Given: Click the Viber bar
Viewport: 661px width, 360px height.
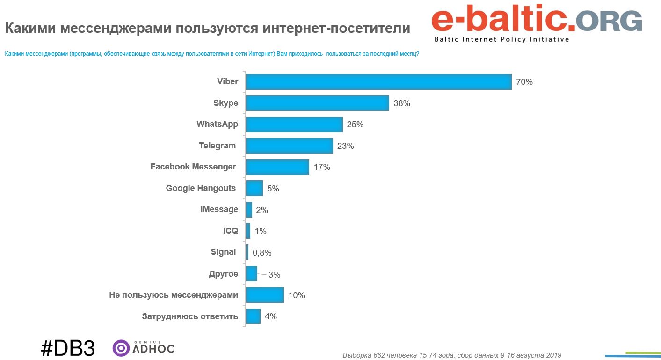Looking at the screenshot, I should [x=378, y=82].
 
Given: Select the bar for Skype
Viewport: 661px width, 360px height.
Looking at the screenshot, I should [x=317, y=103].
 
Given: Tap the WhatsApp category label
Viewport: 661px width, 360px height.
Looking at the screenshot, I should [x=217, y=125].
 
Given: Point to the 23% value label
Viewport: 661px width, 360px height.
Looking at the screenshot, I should [x=345, y=146].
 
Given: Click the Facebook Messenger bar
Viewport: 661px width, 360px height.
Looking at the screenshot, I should [x=277, y=167].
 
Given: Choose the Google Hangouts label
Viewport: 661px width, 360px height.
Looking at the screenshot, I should [x=201, y=188].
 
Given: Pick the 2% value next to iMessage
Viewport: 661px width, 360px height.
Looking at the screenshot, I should [x=262, y=210].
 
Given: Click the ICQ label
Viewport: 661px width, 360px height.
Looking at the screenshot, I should [x=231, y=231].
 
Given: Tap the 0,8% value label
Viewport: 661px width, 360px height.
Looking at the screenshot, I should [x=262, y=253].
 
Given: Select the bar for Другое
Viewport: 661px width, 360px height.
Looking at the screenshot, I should [x=251, y=274].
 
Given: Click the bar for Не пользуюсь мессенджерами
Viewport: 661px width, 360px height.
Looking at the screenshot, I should [x=265, y=295].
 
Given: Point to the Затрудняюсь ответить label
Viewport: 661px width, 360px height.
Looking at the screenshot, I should [x=190, y=316].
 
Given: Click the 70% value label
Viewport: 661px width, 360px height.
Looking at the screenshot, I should [x=524, y=82].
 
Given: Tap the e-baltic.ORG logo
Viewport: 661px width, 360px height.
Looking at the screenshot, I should [x=536, y=22].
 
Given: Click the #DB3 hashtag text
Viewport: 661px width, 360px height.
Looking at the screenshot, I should [x=68, y=349].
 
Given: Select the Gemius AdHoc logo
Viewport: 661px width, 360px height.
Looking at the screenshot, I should [x=144, y=348].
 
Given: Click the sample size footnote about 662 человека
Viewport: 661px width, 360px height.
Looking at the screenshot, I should [x=452, y=355].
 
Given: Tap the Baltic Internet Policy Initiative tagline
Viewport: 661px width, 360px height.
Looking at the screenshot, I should [x=501, y=40].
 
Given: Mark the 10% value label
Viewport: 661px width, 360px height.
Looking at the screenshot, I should [x=297, y=295].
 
